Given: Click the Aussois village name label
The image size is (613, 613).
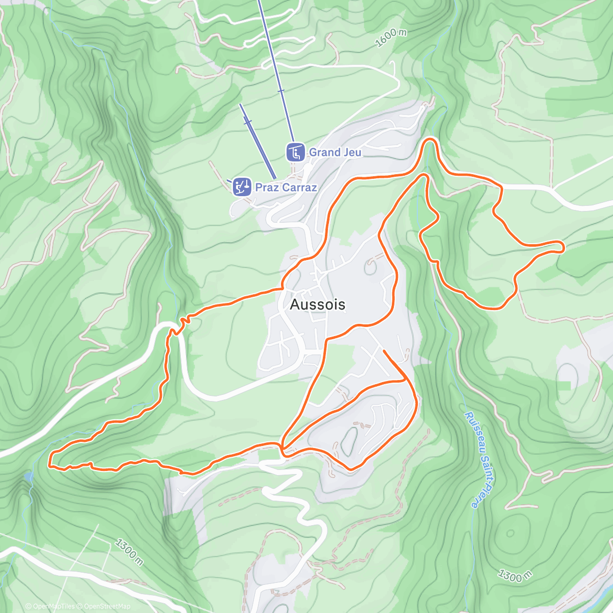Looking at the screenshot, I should click(317, 304).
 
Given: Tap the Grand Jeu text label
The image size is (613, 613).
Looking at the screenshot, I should click(335, 152).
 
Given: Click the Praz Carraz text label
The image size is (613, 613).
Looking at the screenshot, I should click(286, 187).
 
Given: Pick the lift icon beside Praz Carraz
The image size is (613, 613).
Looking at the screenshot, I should click(242, 187).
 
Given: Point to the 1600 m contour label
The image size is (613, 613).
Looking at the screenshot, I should click(391, 38).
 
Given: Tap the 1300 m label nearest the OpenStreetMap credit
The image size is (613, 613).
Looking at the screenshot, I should click(129, 552).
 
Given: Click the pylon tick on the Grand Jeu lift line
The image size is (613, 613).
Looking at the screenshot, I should click(280, 91).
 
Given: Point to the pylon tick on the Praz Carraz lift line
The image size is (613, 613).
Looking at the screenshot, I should click(248, 122).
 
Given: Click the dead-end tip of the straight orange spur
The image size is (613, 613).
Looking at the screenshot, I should click(383, 351).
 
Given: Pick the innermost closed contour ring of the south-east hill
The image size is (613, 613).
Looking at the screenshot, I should click(510, 533).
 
